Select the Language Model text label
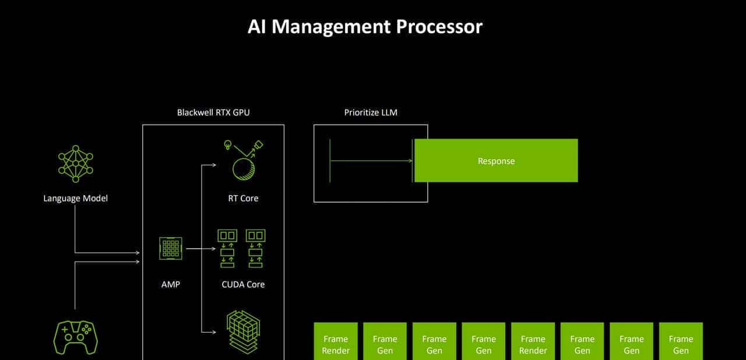point(76,198)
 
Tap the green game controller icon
point(76,336)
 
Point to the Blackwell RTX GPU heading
point(213,112)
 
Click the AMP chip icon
point(171,248)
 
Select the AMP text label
point(171,284)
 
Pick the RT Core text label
point(243,198)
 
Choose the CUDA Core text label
point(243,284)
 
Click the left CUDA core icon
point(227,248)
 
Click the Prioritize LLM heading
point(371,112)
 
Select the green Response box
point(496,161)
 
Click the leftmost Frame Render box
point(336,344)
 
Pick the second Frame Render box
point(533,344)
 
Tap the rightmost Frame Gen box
point(681,344)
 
